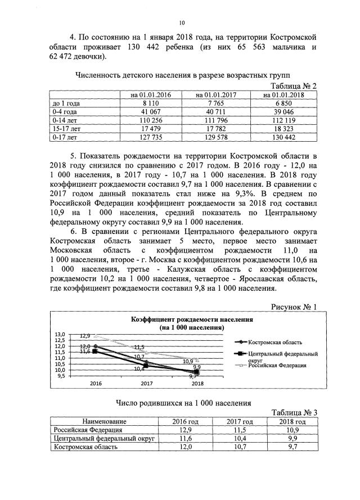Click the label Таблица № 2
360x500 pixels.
[294, 85]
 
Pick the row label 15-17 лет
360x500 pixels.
[65, 128]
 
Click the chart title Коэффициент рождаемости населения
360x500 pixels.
[192, 319]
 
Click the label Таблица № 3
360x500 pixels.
[294, 412]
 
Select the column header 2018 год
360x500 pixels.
[292, 421]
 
